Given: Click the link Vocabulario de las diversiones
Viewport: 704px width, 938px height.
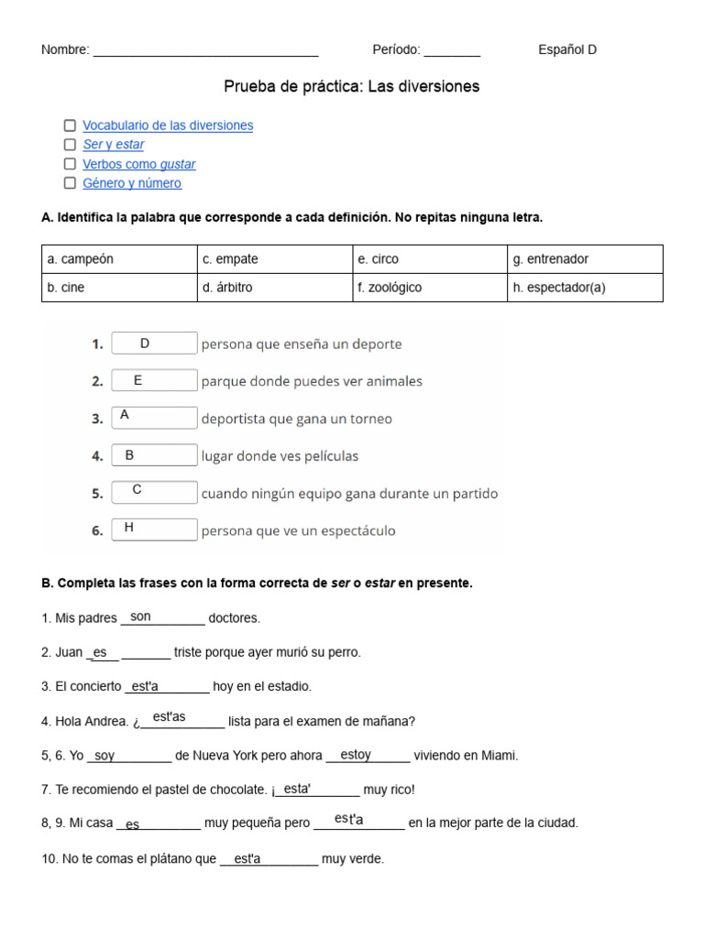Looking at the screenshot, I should tap(168, 125).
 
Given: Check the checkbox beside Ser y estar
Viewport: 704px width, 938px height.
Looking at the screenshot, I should tap(70, 145).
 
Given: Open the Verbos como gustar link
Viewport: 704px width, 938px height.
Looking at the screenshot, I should tap(138, 164).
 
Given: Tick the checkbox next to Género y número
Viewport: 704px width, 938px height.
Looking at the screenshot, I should tap(70, 183).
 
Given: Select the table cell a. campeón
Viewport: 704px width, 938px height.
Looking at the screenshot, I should tap(119, 259).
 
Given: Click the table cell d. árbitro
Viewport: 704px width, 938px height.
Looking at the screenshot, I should tap(275, 288).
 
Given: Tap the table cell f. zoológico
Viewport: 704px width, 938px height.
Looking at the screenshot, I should tap(430, 288).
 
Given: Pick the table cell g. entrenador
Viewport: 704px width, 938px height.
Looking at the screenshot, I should tap(585, 259).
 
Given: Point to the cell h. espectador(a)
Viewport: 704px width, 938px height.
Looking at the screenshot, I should tap(585, 288).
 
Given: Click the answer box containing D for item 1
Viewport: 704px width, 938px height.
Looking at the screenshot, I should tap(154, 344).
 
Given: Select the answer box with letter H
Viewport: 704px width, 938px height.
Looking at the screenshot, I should tap(154, 529).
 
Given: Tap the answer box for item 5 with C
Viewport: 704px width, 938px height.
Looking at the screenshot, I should tap(154, 492).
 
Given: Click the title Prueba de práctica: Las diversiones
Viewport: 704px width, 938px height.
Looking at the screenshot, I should tap(352, 87).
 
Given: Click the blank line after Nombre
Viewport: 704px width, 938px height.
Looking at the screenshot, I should tap(205, 50).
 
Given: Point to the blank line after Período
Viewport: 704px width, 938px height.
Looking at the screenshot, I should tap(452, 50).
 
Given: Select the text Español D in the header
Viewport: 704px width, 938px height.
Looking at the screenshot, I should tap(567, 50).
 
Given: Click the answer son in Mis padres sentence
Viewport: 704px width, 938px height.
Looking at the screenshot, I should tap(141, 617).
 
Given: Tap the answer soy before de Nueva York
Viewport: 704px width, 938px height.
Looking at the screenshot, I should tap(105, 756).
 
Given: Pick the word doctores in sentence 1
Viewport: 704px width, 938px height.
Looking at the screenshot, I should tap(235, 618).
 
